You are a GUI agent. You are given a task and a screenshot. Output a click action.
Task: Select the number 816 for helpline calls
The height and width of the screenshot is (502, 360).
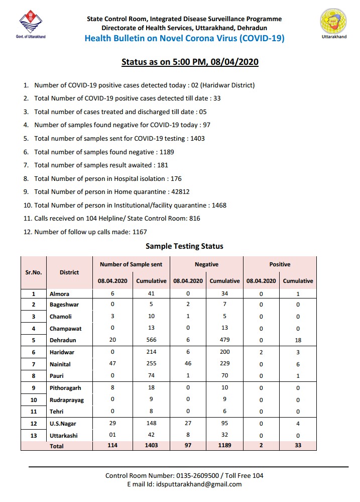pos(194,219)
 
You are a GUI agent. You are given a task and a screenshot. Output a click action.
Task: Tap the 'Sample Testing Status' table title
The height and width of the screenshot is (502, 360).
pos(184,246)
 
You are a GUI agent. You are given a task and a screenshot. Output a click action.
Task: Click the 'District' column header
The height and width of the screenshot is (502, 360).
pos(69,272)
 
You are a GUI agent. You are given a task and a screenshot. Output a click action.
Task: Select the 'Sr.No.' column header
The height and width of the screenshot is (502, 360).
pos(34,272)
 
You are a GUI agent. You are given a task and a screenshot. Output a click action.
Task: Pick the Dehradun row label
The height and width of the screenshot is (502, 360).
pos(64,340)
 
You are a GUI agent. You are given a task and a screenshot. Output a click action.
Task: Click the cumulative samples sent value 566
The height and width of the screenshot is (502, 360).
pos(151,340)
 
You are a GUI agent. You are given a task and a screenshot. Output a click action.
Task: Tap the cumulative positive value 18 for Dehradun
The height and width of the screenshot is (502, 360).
pos(298,340)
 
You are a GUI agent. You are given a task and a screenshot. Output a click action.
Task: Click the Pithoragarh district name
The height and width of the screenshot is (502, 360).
pos(65,388)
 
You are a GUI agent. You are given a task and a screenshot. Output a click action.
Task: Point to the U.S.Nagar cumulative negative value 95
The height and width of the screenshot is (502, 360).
pos(224,424)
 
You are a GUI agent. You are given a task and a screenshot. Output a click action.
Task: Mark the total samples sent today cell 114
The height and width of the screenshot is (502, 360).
pos(112,446)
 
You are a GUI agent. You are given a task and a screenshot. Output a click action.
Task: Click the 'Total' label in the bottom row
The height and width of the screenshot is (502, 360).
pos(57,446)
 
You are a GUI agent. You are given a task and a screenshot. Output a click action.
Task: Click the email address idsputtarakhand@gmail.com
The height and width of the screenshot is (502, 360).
pos(199,484)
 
